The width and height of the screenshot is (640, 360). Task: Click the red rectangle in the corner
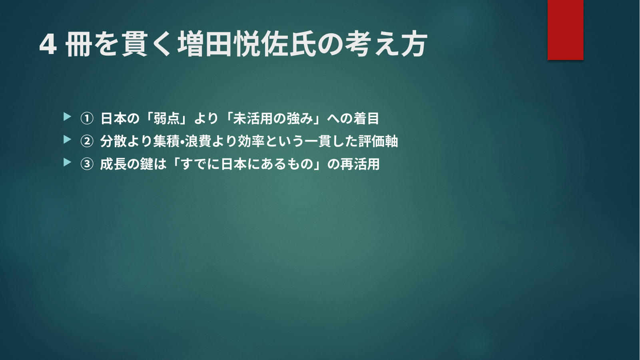click(565, 30)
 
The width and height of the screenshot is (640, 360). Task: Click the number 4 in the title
click(48, 45)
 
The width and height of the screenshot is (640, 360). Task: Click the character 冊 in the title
click(79, 44)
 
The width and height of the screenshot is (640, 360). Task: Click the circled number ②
click(87, 141)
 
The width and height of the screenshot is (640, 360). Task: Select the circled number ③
click(87, 164)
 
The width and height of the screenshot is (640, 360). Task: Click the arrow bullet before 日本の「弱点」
click(67, 117)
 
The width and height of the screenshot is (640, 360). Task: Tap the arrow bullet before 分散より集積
click(67, 140)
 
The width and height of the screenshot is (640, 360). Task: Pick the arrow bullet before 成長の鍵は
click(67, 162)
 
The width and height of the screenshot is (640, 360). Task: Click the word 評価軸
click(378, 141)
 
